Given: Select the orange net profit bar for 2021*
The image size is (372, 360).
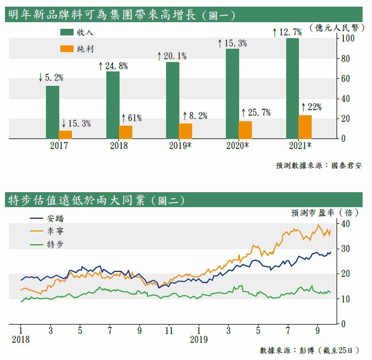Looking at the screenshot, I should (x=305, y=127).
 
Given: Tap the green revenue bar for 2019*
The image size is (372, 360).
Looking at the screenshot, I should (x=173, y=100).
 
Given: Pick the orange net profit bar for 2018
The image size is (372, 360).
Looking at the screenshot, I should (x=126, y=132).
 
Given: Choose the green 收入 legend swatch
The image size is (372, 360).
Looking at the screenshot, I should (x=68, y=32).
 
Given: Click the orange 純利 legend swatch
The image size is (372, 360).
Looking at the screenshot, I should (x=68, y=48).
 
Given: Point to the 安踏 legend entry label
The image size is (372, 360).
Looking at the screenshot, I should (x=56, y=218).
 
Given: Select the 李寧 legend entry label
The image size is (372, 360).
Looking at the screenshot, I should (x=56, y=230).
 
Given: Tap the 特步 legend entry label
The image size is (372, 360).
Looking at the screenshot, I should (x=56, y=244).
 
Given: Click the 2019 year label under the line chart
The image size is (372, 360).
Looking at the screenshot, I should (x=199, y=339).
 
